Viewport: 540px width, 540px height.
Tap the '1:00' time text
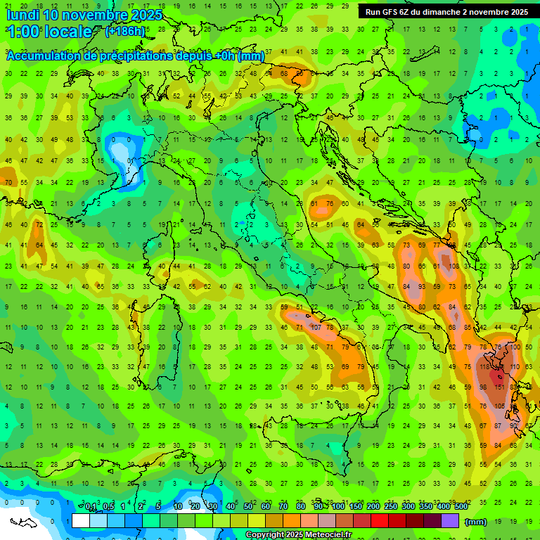pyautogui.click(x=22, y=32)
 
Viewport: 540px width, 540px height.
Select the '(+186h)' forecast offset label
pyautogui.click(x=126, y=32)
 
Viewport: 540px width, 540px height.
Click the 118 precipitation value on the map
pyautogui.click(x=485, y=367)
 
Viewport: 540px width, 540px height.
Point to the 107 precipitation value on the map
pyautogui.click(x=315, y=328)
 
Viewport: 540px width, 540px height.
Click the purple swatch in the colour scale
pyautogui.click(x=450, y=521)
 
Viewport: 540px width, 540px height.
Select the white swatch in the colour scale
pyautogui.click(x=81, y=521)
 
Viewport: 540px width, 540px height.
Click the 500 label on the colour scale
pyautogui.click(x=461, y=507)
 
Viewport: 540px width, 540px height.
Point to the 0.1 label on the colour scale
pyautogui.click(x=91, y=507)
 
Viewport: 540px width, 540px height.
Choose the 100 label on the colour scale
pyautogui.click(x=337, y=507)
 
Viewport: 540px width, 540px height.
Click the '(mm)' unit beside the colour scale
pyautogui.click(x=476, y=522)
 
